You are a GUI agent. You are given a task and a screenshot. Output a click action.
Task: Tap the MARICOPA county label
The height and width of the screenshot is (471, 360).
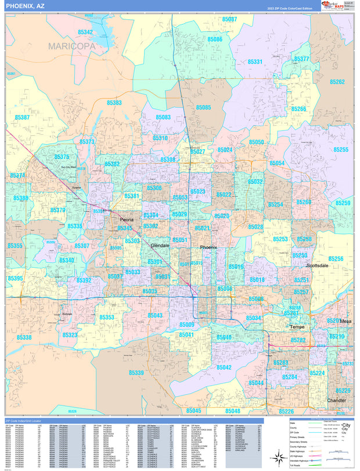click(x=71, y=46)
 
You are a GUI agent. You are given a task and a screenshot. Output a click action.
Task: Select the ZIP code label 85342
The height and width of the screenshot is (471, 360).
click(x=85, y=33)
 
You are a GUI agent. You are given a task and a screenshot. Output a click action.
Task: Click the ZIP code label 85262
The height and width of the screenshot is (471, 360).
click(x=337, y=82)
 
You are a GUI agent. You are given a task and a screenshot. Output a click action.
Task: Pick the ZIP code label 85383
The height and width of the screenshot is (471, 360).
click(x=114, y=103)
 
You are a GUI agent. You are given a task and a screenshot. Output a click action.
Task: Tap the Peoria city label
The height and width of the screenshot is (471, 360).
click(x=127, y=220)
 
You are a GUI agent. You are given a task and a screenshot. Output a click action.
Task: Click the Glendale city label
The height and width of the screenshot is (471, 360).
click(x=160, y=246)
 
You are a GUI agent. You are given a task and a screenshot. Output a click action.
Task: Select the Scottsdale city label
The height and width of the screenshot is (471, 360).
click(x=317, y=265)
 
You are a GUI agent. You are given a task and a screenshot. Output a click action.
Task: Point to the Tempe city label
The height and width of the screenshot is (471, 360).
click(x=297, y=327)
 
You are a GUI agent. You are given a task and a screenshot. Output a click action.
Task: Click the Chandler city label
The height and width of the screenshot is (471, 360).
click(x=336, y=401)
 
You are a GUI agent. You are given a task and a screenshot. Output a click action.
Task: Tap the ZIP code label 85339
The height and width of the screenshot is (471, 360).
click(x=136, y=373)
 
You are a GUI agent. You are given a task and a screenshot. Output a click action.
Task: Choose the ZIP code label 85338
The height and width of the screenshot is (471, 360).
click(x=24, y=337)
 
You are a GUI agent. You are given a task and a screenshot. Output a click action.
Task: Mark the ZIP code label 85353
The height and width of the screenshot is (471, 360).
click(x=106, y=318)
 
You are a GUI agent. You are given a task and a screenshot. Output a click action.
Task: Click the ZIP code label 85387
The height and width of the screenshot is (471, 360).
click(x=22, y=117)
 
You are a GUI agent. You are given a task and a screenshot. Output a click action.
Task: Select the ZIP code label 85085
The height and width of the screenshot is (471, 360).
click(x=203, y=107)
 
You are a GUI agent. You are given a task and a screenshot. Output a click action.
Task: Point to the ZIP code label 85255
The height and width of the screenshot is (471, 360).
click(x=341, y=150)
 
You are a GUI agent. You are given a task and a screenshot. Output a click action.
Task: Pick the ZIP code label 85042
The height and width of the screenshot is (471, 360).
click(x=224, y=368)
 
